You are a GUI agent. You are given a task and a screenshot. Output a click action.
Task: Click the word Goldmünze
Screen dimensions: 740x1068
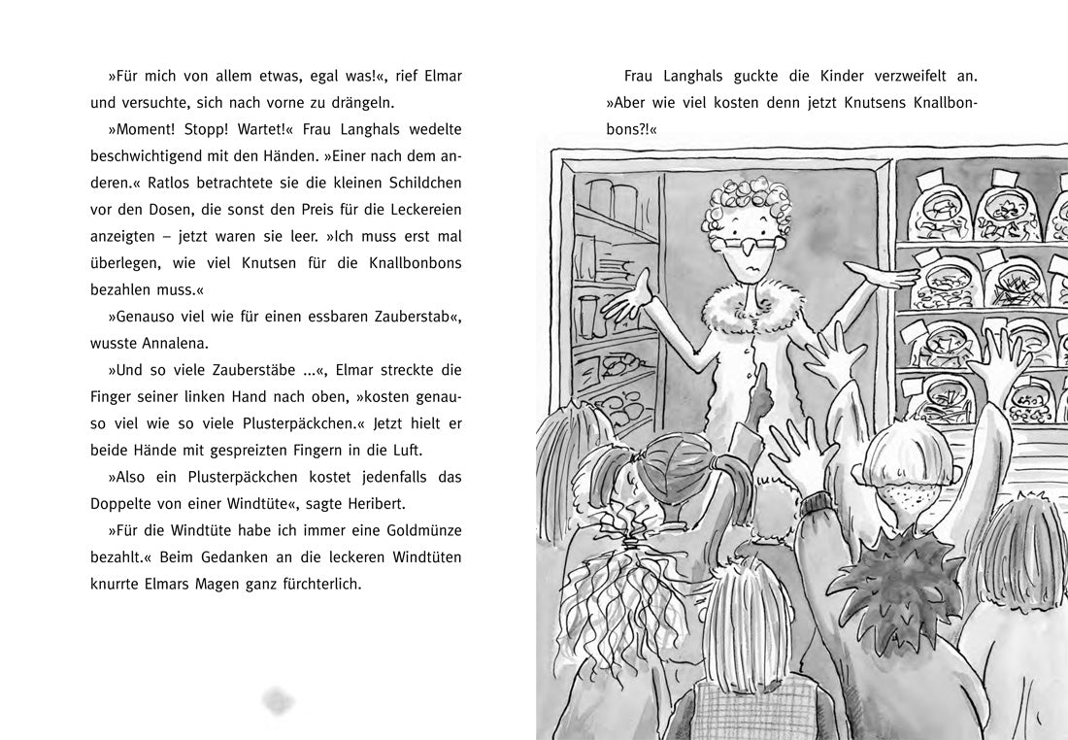point(418,530)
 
